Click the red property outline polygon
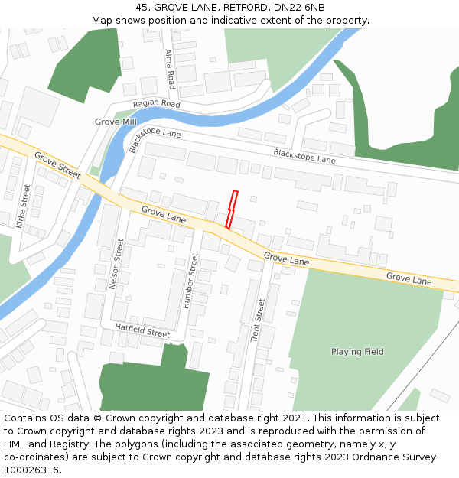point(232,210)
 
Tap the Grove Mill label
point(116,122)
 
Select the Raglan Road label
point(156,104)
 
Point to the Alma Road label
point(170,70)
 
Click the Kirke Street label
point(23,206)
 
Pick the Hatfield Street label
point(142,330)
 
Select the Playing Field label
point(357,352)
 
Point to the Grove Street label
point(57,165)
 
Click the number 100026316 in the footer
point(31,470)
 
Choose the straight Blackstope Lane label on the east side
point(304,156)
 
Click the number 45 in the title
point(142,8)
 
